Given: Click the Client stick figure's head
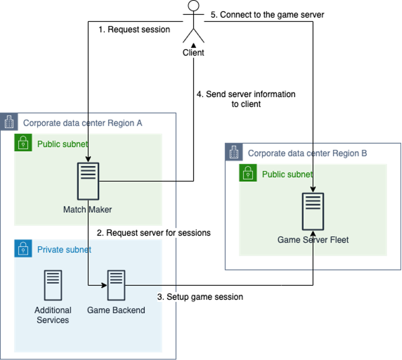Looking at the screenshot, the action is (x=193, y=6).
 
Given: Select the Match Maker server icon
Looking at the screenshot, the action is (x=88, y=181).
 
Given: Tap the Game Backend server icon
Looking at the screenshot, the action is (x=116, y=285).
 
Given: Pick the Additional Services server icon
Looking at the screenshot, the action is (x=53, y=285).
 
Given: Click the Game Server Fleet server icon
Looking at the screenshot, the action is (x=313, y=211).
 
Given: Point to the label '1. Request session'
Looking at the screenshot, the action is (x=134, y=30).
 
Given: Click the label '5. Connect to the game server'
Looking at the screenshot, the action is (x=267, y=15).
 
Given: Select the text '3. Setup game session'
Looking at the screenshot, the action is (x=200, y=297).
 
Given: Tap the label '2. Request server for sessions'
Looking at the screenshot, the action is (x=153, y=233).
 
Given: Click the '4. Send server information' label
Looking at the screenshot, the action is (x=246, y=94).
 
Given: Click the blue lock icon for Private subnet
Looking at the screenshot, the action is (x=23, y=248).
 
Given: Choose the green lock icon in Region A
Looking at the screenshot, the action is (x=23, y=143).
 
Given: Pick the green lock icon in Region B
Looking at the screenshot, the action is (x=248, y=173).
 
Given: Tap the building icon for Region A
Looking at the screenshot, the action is (x=9, y=122).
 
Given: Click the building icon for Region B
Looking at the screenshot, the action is (x=234, y=152).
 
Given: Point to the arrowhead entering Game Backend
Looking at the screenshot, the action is (x=104, y=285).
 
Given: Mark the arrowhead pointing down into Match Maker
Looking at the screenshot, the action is (x=88, y=159).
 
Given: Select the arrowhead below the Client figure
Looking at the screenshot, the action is (x=193, y=45).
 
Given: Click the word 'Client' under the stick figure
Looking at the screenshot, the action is (x=193, y=53).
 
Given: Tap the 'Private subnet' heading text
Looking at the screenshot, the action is (x=64, y=250).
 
